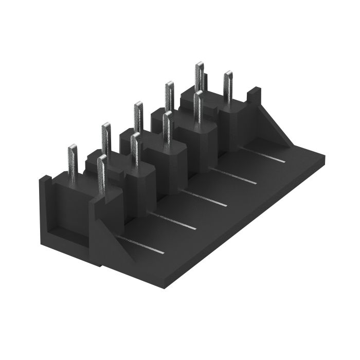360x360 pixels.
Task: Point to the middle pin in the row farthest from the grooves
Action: (138, 116)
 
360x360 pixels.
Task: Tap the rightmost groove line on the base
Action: (263, 154)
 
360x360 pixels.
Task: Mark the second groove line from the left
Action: (173, 221)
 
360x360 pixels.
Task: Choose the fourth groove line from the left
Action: (233, 176)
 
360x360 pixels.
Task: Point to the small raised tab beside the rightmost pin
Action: (253, 96)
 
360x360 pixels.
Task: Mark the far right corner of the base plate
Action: (325, 153)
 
